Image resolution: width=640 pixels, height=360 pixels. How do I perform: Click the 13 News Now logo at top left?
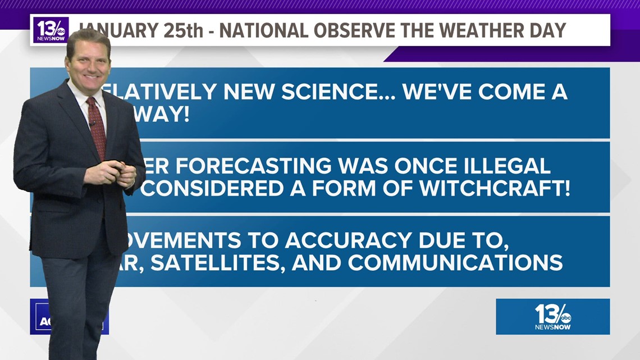(x=51, y=30)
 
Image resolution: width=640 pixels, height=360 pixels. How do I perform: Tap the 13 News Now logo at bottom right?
(x=552, y=317)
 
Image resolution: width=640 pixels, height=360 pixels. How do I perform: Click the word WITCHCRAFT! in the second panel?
(x=494, y=189)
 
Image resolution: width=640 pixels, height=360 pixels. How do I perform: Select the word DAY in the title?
(x=546, y=30)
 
